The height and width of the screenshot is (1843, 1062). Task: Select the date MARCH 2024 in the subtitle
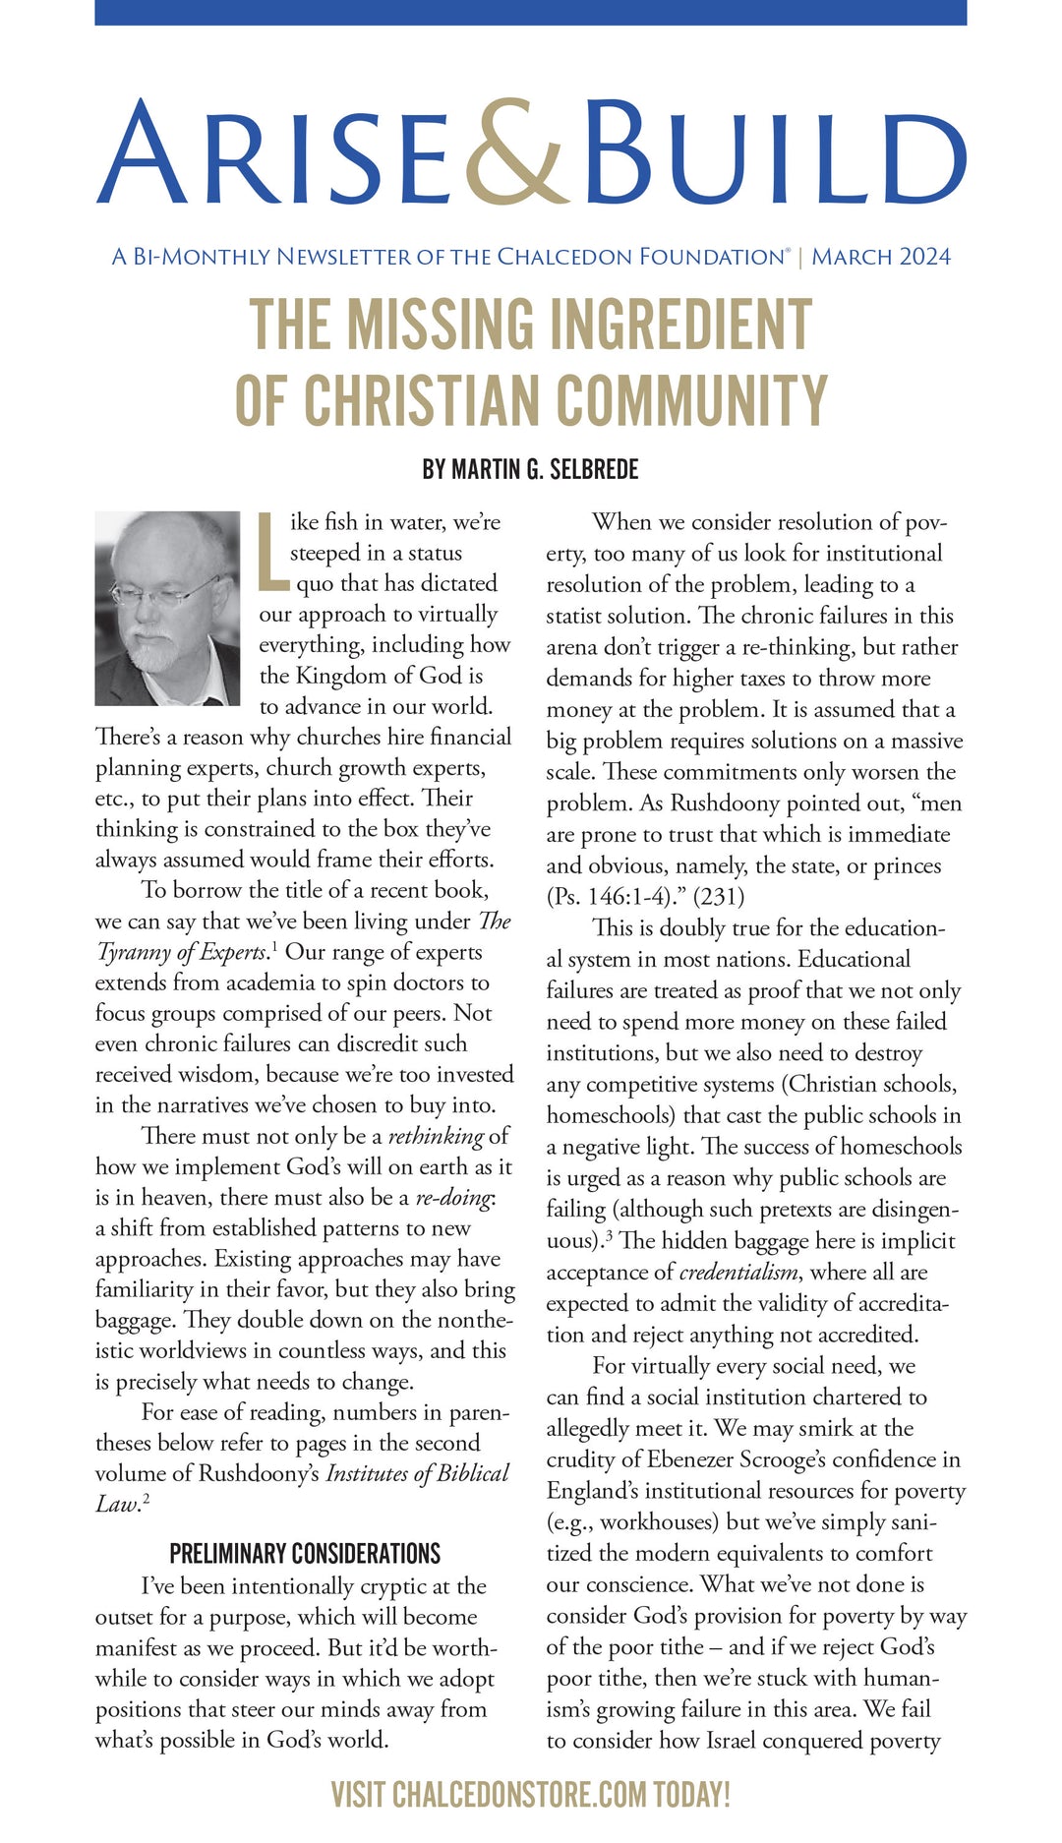(x=881, y=258)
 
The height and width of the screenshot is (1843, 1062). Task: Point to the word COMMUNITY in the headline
(x=691, y=401)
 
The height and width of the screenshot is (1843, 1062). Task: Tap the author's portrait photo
(x=167, y=608)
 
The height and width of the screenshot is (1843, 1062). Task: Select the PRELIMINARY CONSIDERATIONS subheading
(x=305, y=1554)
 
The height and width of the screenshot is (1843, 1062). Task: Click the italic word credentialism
(x=738, y=1273)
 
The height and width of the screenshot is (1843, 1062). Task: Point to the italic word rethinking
(x=436, y=1137)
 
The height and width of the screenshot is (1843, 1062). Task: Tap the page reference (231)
(x=721, y=897)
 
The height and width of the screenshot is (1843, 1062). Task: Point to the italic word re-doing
(x=452, y=1198)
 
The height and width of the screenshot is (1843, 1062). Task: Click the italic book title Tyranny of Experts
(x=182, y=952)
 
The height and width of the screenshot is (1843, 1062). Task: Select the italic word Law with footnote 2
(x=116, y=1505)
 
